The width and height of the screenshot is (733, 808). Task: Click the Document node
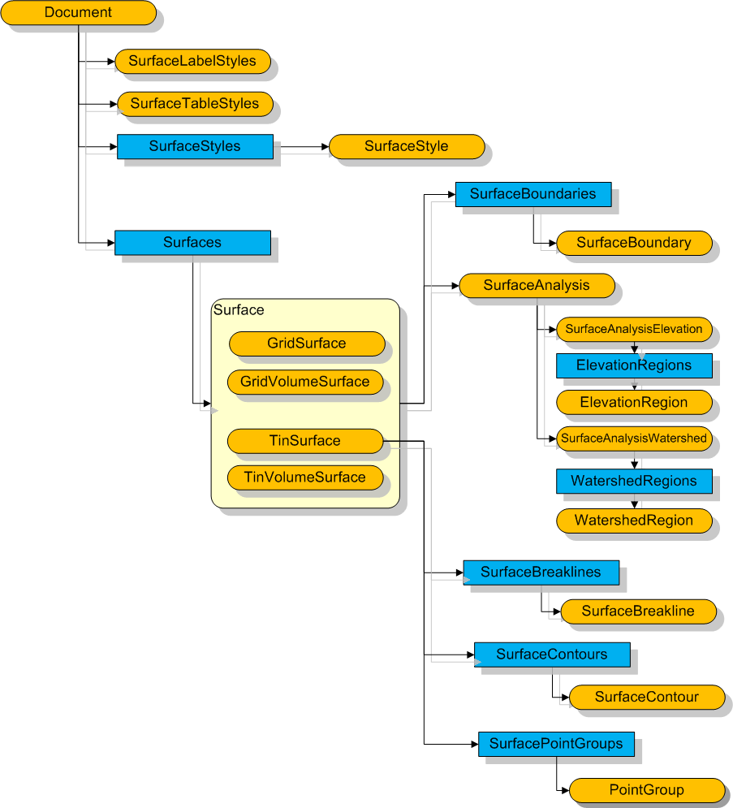78,13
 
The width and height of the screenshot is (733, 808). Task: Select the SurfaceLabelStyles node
192,61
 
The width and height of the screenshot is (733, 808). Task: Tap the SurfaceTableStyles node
195,104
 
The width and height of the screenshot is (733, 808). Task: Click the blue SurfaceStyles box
195,146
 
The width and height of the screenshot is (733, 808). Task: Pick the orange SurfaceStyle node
406,146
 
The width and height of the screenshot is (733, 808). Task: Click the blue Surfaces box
192,242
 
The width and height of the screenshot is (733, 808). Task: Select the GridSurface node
307,344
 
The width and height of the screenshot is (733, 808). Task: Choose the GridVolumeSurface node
305,382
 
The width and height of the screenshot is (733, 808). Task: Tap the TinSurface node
304,441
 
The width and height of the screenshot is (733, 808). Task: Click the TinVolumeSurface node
305,477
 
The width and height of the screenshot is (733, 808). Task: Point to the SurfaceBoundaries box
533,194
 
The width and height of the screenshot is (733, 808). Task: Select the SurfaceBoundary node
634,243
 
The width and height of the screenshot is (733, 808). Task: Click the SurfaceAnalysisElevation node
633,330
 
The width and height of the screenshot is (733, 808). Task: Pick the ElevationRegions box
634,365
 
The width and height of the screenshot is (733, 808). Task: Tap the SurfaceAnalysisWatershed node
633,439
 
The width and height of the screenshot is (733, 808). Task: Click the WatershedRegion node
634,521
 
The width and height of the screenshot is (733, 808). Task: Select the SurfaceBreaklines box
541,573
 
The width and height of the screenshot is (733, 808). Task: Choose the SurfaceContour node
646,697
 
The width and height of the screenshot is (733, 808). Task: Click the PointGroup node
646,790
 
